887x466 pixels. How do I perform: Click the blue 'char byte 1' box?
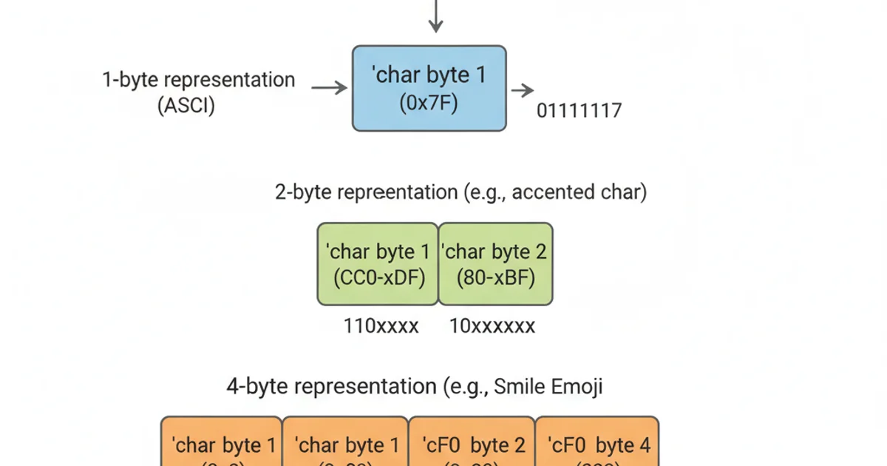(x=429, y=88)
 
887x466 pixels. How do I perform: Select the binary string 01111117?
(x=580, y=111)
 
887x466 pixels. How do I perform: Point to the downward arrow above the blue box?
(x=436, y=16)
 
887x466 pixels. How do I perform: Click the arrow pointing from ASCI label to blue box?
(x=329, y=88)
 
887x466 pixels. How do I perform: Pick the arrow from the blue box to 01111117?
(x=523, y=91)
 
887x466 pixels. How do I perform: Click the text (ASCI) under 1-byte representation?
(x=186, y=105)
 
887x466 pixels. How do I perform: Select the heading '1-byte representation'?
(x=198, y=80)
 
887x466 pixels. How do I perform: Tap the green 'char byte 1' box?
(x=378, y=264)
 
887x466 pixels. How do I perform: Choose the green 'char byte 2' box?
(x=495, y=264)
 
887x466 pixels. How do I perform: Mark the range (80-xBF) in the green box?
(x=495, y=278)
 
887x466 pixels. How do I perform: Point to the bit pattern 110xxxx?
(x=381, y=326)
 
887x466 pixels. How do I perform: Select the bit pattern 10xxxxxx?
(x=492, y=326)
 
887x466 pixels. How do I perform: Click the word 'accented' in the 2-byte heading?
(x=552, y=192)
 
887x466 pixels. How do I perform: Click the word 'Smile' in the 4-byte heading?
(x=520, y=386)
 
